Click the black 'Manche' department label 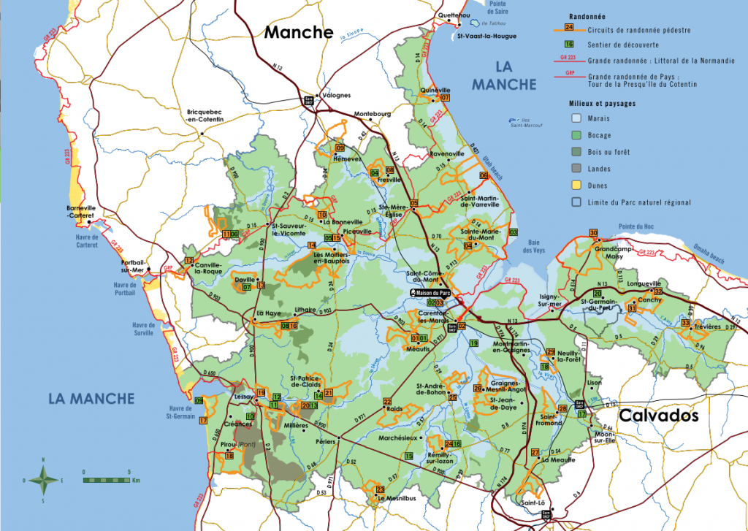pyautogui.click(x=299, y=32)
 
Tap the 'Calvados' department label pyautogui.click(x=658, y=416)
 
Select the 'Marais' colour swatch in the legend pyautogui.click(x=576, y=118)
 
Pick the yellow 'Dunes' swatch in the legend pyautogui.click(x=576, y=186)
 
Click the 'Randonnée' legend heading pyautogui.click(x=587, y=15)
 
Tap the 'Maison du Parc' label pyautogui.click(x=432, y=293)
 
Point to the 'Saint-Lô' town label pyautogui.click(x=532, y=503)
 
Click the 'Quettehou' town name pyautogui.click(x=453, y=15)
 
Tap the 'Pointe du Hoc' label pyautogui.click(x=635, y=226)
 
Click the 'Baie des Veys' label pyautogui.click(x=537, y=246)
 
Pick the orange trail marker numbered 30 pyautogui.click(x=593, y=233)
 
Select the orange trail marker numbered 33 pyautogui.click(x=685, y=323)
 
